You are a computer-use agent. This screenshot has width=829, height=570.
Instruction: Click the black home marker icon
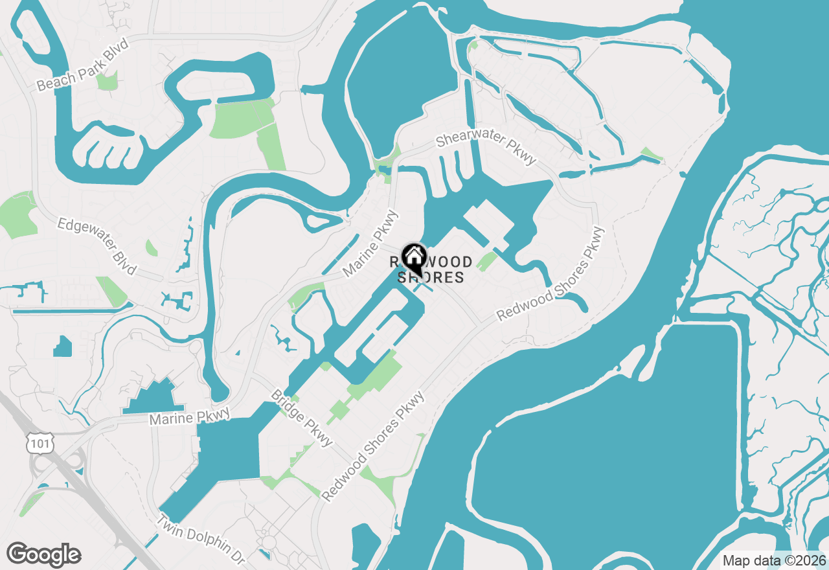coord(414,256)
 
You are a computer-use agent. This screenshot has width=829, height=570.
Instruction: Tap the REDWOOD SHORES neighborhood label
coord(431,270)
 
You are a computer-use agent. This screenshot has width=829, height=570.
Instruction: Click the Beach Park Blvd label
coord(83,65)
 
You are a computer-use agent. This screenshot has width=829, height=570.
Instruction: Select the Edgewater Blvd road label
coord(97,245)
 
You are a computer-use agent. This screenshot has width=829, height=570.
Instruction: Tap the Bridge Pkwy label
coord(302,418)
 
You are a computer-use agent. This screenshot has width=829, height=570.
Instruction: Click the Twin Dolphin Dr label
coord(201,539)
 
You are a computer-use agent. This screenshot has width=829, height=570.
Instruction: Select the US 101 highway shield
coord(36,443)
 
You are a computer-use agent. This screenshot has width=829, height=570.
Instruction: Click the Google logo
coord(43,555)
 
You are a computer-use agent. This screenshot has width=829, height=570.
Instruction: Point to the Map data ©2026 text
coord(774,560)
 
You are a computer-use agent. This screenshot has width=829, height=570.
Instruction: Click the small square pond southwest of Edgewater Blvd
coord(63,347)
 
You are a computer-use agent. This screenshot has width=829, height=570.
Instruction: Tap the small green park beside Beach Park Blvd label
coord(108,81)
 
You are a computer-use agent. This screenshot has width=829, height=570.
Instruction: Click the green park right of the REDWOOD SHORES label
coord(486,261)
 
